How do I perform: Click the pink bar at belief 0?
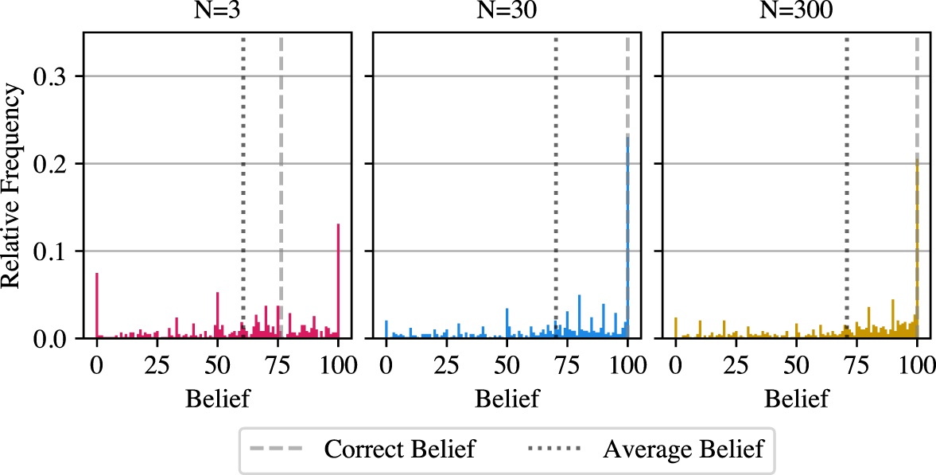96,306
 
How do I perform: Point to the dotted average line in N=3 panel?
243,159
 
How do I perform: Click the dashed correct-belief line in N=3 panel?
281,159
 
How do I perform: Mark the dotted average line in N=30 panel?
555,159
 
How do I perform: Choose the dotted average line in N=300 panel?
846,159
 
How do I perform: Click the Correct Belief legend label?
399,450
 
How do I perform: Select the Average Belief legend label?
683,450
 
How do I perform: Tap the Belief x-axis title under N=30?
507,398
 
